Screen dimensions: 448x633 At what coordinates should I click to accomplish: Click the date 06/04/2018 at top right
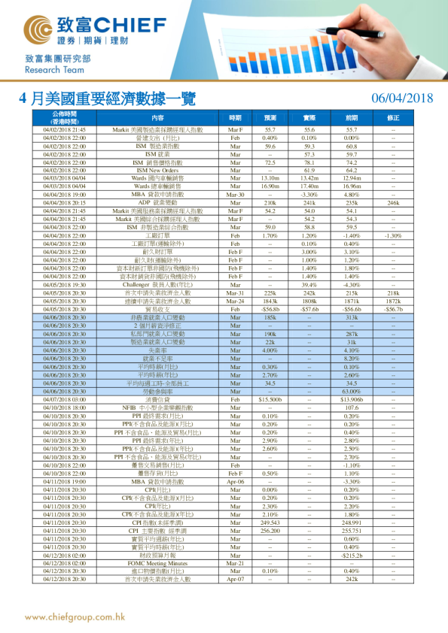click(x=403, y=98)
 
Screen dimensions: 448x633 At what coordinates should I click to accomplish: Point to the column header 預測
click(x=270, y=118)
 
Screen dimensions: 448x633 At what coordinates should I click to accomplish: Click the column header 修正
click(x=393, y=118)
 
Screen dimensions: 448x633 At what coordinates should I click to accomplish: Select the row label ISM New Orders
click(x=157, y=171)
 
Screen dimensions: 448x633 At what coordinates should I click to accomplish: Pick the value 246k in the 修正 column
click(x=393, y=203)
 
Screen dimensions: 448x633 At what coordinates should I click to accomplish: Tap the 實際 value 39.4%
click(x=309, y=285)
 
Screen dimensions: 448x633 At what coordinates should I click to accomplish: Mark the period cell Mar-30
click(x=235, y=195)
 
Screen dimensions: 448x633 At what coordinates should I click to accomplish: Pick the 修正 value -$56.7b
click(x=393, y=309)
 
